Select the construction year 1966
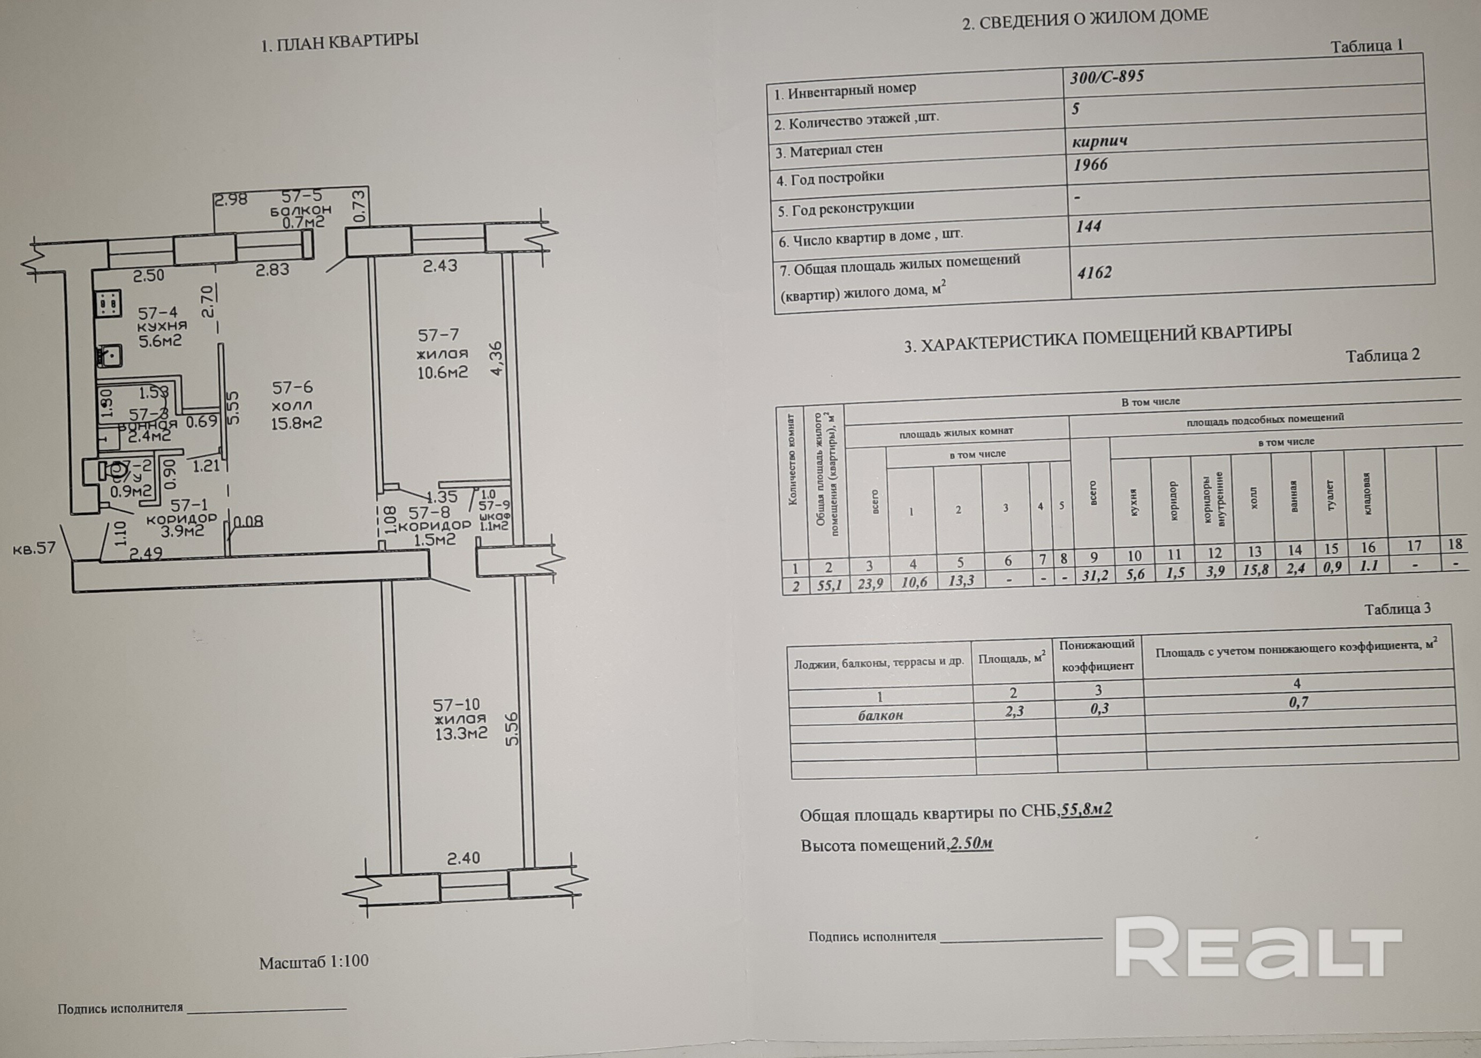(x=1091, y=165)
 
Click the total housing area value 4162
(x=1095, y=273)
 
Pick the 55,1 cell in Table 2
(x=829, y=585)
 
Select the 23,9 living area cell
(x=870, y=584)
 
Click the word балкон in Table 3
(x=880, y=715)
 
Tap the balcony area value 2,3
(x=1014, y=711)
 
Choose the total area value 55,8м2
(x=1087, y=810)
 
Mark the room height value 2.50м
(x=971, y=844)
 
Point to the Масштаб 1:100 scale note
(x=314, y=962)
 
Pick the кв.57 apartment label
(x=34, y=549)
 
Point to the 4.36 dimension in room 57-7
(x=498, y=358)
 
